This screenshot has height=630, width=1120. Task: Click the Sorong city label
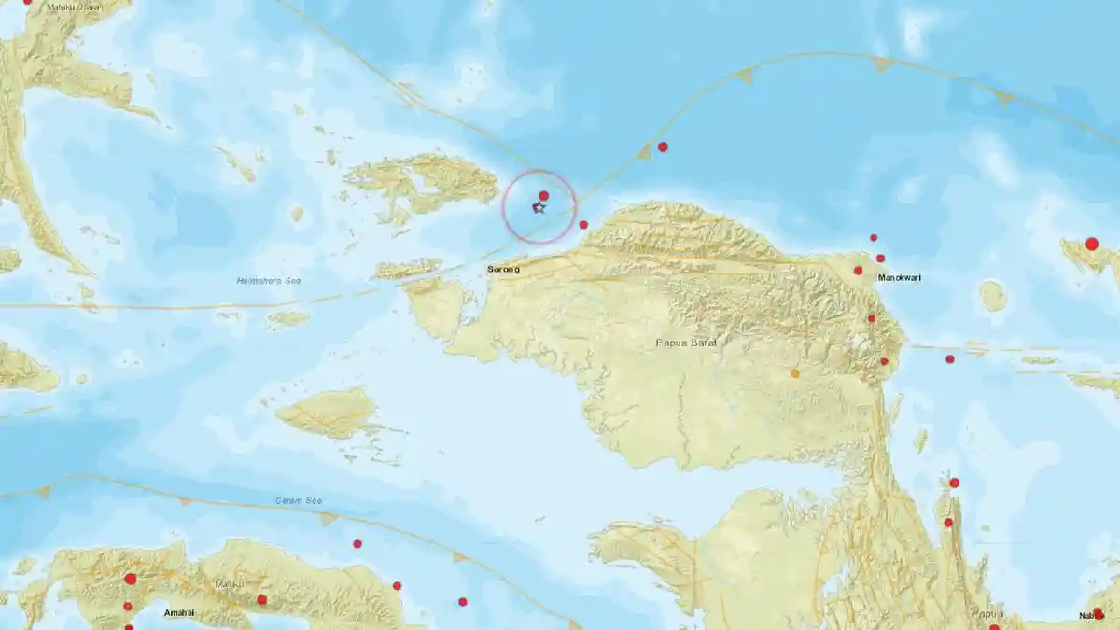[503, 270]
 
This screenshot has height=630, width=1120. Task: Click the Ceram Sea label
[299, 501]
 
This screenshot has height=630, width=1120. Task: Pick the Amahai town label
[178, 613]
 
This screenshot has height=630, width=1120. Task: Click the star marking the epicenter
[539, 207]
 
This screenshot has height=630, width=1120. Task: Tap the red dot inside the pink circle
[543, 196]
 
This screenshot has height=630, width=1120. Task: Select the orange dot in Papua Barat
[795, 373]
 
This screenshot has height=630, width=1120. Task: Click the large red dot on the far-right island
[1092, 244]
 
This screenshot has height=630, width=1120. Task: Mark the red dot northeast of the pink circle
[663, 147]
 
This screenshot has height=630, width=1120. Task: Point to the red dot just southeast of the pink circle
[583, 224]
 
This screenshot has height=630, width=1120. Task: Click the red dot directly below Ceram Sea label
[357, 543]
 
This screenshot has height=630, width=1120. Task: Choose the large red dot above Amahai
[130, 579]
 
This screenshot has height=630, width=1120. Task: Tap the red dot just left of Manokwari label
[858, 271]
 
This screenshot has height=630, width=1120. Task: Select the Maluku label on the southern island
[230, 584]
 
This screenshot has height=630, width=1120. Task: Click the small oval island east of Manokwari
[993, 296]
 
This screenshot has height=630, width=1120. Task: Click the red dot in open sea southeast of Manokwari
[949, 359]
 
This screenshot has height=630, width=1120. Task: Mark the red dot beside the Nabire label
[1098, 612]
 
